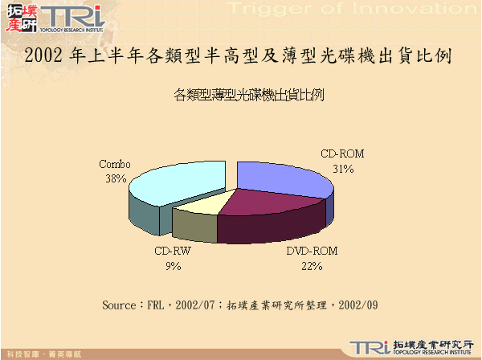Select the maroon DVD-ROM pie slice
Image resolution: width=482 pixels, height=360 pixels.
point(265,212)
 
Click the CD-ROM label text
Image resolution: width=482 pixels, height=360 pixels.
point(343,153)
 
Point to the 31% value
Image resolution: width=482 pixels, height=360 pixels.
point(343,168)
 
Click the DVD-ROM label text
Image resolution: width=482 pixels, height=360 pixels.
point(312,252)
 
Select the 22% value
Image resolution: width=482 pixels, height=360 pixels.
point(312,266)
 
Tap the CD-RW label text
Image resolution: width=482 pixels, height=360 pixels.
point(172,252)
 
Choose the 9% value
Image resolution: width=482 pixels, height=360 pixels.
point(172,266)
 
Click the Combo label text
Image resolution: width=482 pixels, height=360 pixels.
point(115,164)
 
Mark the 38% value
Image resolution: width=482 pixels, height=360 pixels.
point(115,178)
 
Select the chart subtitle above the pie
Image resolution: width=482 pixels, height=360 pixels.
point(248,95)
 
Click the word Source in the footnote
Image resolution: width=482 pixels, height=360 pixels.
point(120,305)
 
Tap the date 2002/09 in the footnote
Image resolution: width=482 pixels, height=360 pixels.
point(358,305)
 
